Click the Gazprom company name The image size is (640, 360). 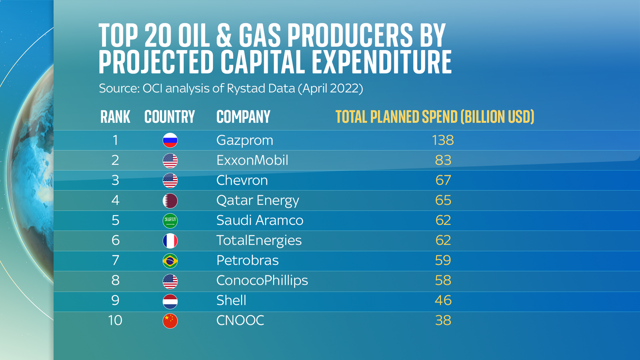point(244,140)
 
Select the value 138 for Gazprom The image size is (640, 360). point(443,140)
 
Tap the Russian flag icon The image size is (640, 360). point(170,140)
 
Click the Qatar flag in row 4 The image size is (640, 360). point(170,201)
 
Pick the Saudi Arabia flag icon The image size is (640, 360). point(170,221)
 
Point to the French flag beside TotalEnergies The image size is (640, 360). point(170,241)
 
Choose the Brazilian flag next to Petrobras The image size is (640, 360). point(170,261)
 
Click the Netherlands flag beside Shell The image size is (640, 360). point(170,301)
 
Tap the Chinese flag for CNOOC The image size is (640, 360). point(170,321)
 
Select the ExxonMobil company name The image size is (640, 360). point(252,160)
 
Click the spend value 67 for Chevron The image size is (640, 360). point(443,180)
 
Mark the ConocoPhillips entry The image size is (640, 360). point(262,280)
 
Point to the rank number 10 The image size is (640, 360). point(115,320)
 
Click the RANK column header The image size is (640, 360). point(115,117)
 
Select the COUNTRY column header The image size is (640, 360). point(170,117)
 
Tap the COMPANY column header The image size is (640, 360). point(243,117)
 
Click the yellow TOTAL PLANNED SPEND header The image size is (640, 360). point(435,117)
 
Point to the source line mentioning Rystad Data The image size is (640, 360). point(231,88)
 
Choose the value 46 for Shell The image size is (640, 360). point(443,300)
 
